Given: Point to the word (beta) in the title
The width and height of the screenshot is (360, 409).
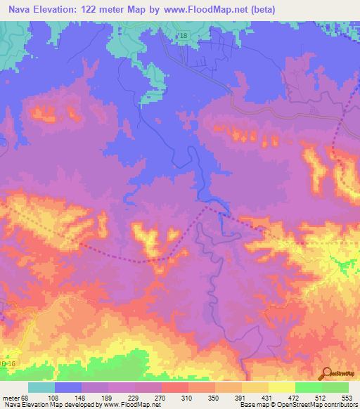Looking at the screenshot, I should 261,9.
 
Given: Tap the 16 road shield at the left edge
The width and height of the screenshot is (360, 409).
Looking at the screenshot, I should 8,364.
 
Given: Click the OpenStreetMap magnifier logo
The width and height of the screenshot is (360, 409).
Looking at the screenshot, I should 326,375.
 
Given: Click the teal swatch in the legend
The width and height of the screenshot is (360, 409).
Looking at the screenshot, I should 41,387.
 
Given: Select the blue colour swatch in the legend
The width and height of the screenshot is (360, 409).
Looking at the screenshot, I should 68,387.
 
